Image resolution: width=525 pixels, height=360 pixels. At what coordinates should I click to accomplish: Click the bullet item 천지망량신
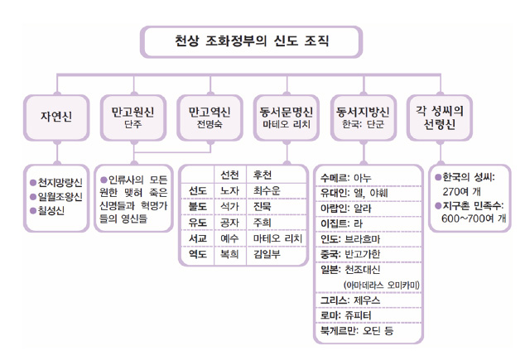point(60,182)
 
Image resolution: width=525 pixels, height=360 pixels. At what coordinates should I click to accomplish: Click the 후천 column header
point(265,175)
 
